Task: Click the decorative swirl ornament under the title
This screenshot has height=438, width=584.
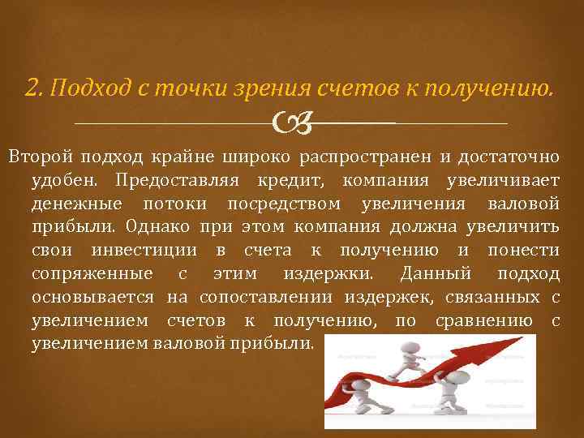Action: pos(289,123)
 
